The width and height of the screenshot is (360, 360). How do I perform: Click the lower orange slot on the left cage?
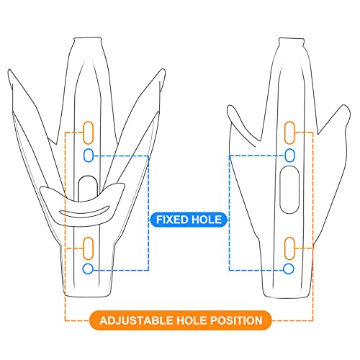pyautogui.click(x=89, y=247)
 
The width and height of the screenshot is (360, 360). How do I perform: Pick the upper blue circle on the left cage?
pyautogui.click(x=89, y=155)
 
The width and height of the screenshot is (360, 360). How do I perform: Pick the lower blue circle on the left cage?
pyautogui.click(x=89, y=268)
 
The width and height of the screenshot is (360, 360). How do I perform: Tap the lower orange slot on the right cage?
pyautogui.click(x=289, y=247)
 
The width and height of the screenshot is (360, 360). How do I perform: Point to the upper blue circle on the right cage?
pyautogui.click(x=289, y=155)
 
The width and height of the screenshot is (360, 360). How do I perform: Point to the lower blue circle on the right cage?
pyautogui.click(x=289, y=268)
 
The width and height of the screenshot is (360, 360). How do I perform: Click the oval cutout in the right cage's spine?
pyautogui.click(x=289, y=190)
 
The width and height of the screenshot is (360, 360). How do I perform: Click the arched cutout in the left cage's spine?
pyautogui.click(x=88, y=186)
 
